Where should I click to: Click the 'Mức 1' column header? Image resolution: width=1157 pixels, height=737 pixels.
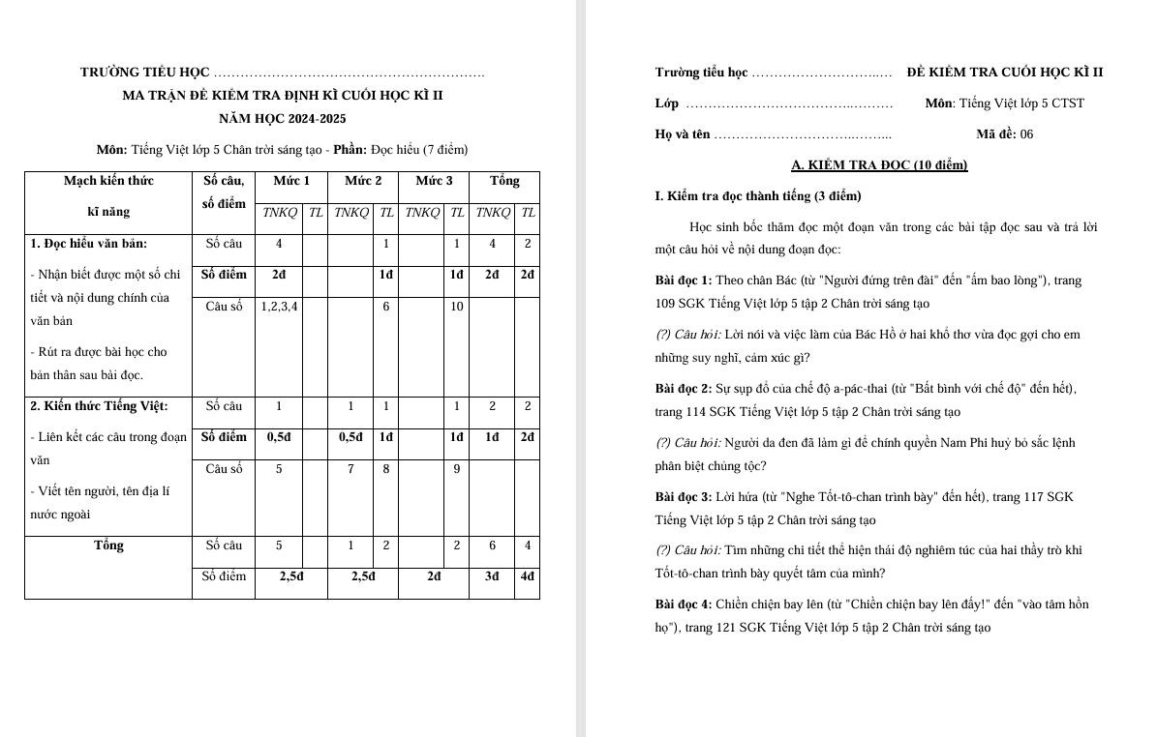tap(291, 181)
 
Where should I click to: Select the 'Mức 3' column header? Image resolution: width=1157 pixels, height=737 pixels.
tap(434, 181)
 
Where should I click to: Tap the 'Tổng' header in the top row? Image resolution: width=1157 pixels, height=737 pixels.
tap(504, 181)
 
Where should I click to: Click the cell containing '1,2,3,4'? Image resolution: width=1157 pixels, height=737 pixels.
tap(279, 307)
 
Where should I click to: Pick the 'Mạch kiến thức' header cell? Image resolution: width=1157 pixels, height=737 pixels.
tap(108, 181)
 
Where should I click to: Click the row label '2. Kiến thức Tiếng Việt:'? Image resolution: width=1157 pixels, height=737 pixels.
tap(100, 406)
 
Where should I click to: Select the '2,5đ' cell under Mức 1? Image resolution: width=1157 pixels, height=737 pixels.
tap(291, 576)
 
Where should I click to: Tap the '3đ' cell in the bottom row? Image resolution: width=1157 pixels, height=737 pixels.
tap(492, 576)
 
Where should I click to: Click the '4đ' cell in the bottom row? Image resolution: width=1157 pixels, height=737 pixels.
tap(528, 576)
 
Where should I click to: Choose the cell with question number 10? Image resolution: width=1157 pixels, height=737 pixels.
tap(456, 307)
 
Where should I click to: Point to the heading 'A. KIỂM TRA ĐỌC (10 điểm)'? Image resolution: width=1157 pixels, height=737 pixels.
tap(879, 165)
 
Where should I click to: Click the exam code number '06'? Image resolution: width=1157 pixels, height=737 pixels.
tap(1025, 134)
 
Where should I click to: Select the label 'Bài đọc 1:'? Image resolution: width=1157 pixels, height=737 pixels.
tap(684, 280)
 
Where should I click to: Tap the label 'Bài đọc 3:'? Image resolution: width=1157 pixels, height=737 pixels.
tap(684, 497)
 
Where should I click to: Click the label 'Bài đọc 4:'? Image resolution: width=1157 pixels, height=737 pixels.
tap(684, 604)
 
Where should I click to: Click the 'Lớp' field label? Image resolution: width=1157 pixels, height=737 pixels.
tap(667, 103)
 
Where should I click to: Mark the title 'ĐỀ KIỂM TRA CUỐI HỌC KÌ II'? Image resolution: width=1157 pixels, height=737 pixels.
tap(1005, 73)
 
